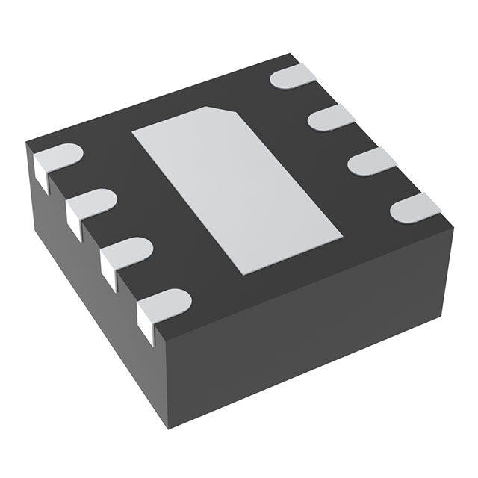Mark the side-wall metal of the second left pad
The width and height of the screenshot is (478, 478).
pos(74,223)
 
